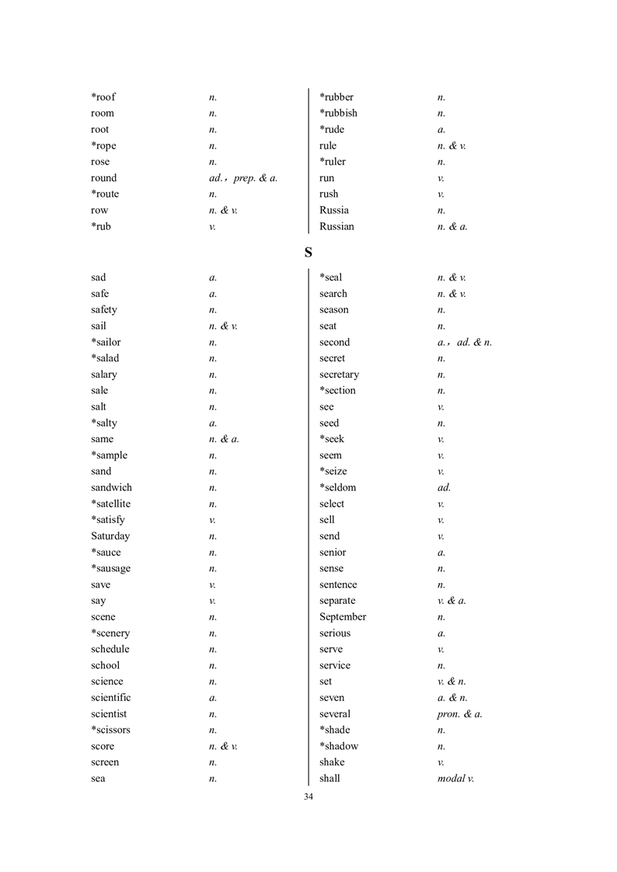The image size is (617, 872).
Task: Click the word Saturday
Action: [x=110, y=536]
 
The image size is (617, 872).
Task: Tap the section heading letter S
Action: [x=308, y=253]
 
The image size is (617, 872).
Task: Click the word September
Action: [x=343, y=617]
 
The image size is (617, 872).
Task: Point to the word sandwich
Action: [x=111, y=488]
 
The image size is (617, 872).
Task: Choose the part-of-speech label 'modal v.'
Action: [x=455, y=779]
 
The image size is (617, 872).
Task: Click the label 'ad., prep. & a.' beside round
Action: [x=238, y=179]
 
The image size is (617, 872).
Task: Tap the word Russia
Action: [x=334, y=211]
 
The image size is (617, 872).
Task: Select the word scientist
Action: [x=109, y=714]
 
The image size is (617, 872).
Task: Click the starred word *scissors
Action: [x=110, y=730]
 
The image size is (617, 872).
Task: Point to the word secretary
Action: [x=339, y=375]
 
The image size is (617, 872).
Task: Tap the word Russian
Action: [x=336, y=227]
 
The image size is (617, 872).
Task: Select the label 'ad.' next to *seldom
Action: [x=444, y=488]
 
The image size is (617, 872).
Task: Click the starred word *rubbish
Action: [x=338, y=113]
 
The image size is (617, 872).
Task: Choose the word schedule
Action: [x=110, y=649]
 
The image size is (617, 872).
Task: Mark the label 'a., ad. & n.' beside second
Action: [x=465, y=343]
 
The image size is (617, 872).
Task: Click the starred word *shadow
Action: [x=339, y=746]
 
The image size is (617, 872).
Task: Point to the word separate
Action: [x=337, y=601]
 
